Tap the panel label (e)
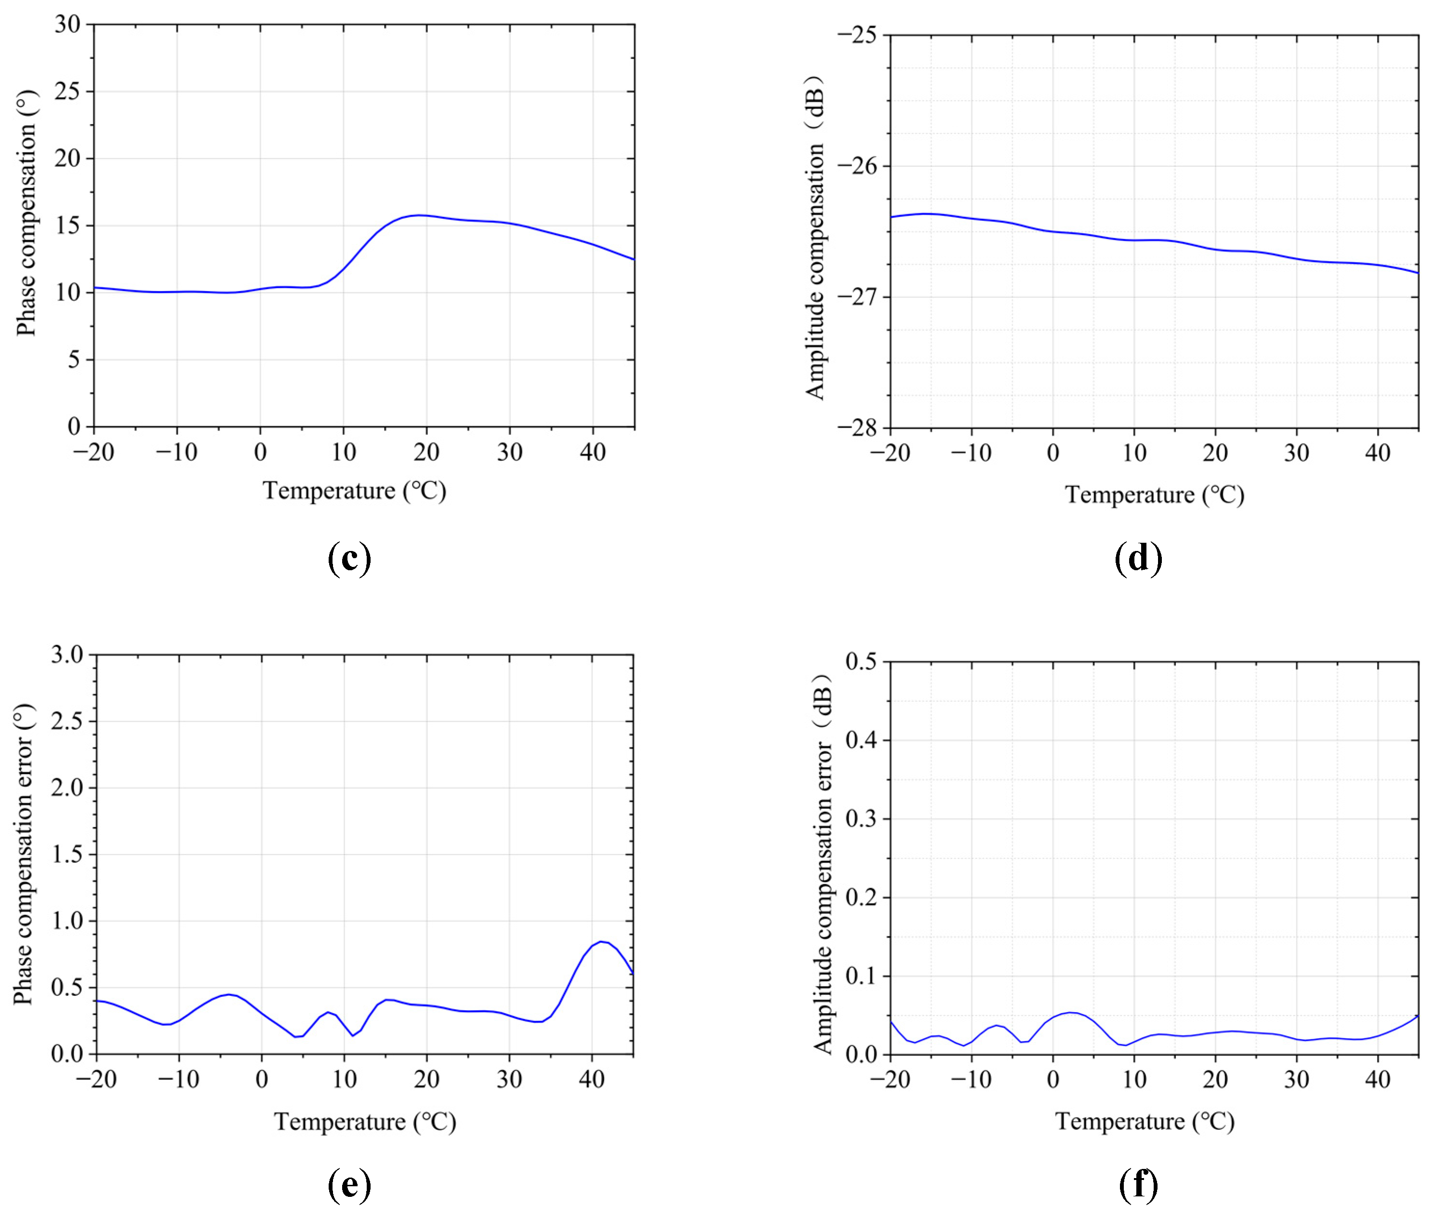pos(349,1185)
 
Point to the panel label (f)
pos(1138,1185)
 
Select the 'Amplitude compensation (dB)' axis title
pos(816,237)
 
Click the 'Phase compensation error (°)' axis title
pos(24,854)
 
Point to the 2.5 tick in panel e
pos(67,721)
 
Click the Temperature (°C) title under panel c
pos(354,490)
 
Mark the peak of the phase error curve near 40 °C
pos(601,942)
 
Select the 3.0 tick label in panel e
pos(67,654)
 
